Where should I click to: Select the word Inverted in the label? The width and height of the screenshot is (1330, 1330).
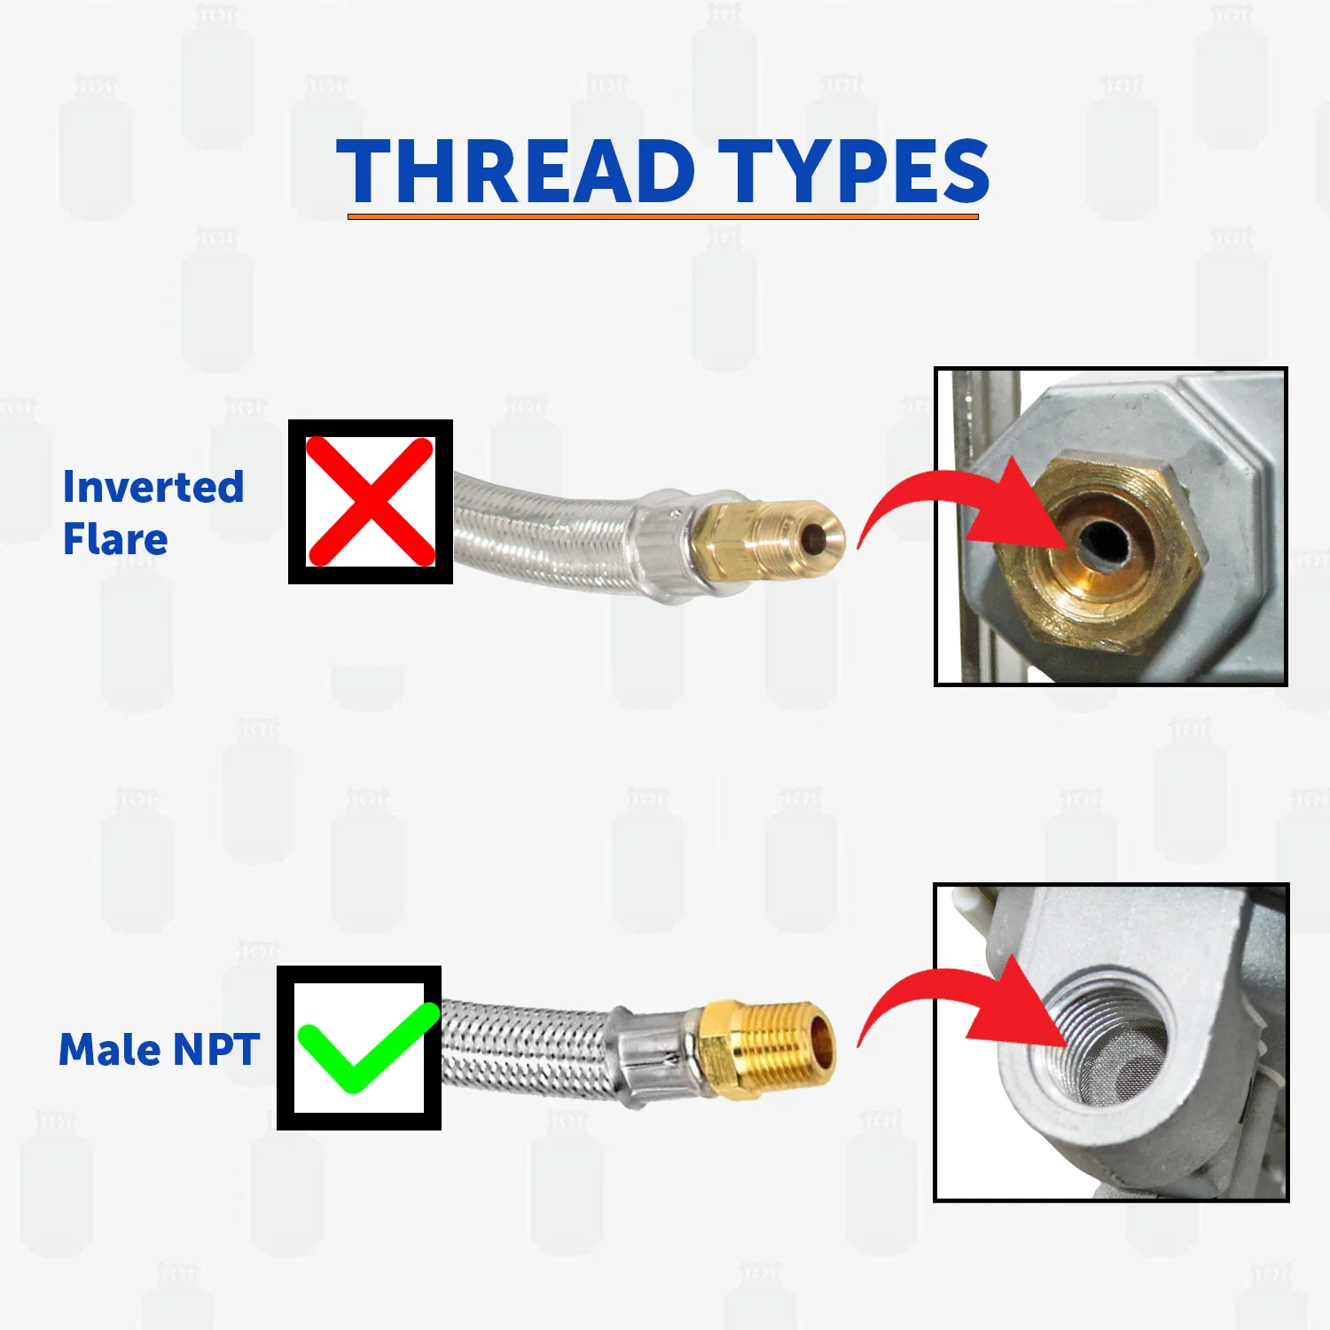153,487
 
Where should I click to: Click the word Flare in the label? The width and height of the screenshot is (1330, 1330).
115,539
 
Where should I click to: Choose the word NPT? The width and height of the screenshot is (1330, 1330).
216,1050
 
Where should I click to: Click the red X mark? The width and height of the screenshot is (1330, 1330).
371,502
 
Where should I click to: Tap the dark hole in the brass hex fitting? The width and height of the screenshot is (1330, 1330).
1105,542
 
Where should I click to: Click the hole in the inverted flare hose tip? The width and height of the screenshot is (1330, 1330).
812,537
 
